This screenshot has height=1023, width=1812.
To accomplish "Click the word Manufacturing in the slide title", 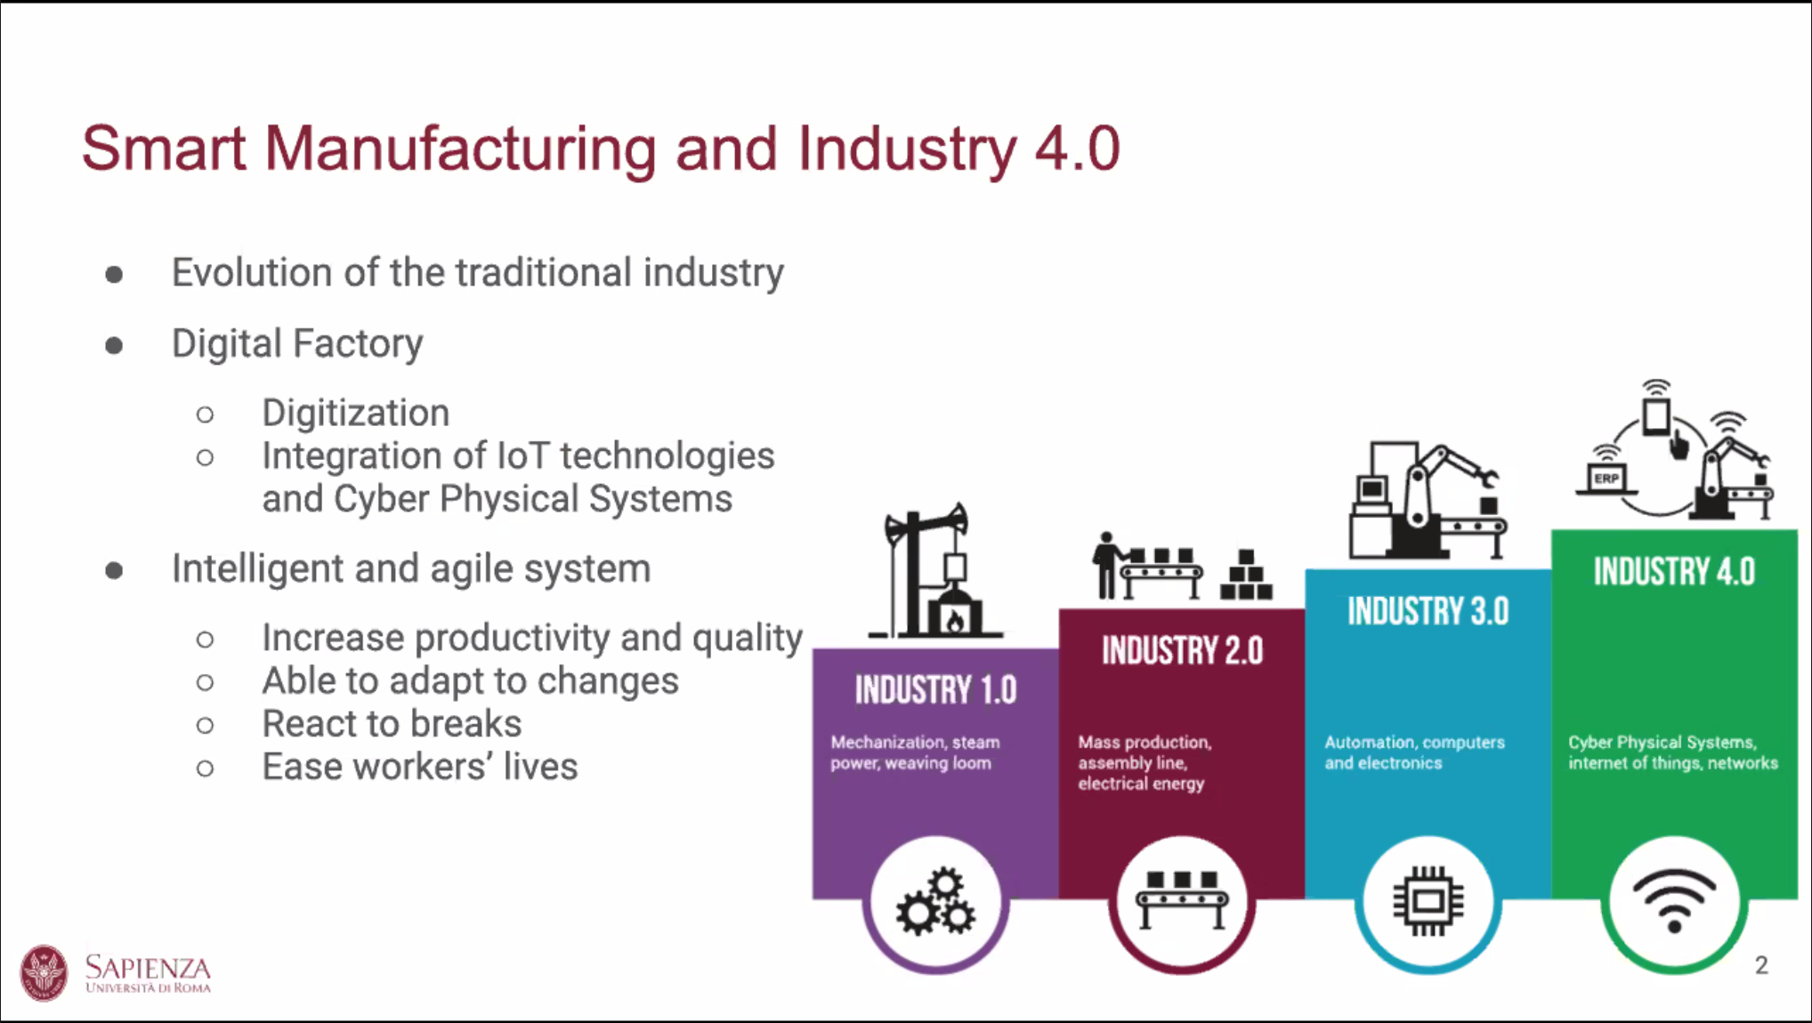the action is coord(460,149).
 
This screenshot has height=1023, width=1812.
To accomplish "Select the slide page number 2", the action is coord(1761,965).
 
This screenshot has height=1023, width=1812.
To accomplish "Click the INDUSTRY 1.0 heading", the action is coord(935,690).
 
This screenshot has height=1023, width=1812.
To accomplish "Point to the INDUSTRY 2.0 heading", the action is coord(1182,650).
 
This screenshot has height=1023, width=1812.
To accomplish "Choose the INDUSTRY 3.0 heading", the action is coord(1428,611).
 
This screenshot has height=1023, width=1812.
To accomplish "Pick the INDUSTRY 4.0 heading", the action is coord(1674,571).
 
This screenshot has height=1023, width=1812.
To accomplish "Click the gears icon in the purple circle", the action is coord(935,901).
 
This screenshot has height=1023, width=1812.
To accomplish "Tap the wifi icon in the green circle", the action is coord(1674,900).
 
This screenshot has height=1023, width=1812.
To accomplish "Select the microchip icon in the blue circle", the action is coord(1428,901).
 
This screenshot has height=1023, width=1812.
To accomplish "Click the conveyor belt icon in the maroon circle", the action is coord(1182,899).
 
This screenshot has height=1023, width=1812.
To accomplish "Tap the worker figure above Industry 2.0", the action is coord(1106,565).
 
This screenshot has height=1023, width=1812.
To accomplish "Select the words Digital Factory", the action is coord(297,344).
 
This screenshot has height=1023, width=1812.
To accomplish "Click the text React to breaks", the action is coord(392,723).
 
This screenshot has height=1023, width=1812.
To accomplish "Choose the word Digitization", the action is coord(356,414).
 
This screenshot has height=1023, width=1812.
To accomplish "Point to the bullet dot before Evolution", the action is coord(114,274).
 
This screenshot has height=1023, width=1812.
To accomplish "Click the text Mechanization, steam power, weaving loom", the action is coord(915,753).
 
